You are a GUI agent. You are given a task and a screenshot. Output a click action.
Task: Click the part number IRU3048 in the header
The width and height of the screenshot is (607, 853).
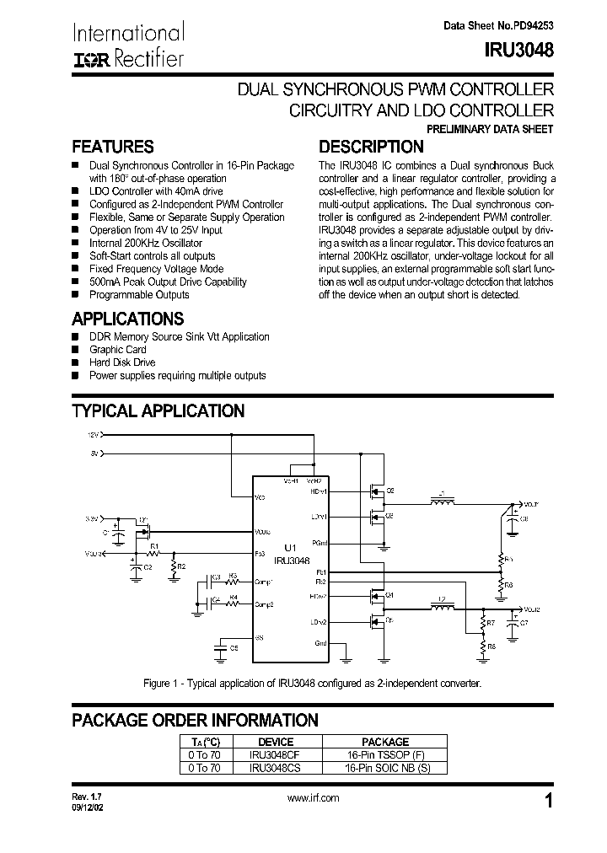point(519,51)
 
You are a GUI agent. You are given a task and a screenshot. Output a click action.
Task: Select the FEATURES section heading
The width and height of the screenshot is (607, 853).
point(113,147)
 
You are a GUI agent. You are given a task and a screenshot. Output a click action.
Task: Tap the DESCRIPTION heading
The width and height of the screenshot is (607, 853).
point(371,147)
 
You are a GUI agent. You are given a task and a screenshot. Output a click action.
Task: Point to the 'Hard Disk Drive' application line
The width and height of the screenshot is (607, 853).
point(122,362)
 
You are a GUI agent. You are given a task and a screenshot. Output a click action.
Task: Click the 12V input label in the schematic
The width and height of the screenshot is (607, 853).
point(94,435)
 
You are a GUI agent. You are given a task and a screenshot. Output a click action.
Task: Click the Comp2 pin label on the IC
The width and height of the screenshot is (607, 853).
point(265,604)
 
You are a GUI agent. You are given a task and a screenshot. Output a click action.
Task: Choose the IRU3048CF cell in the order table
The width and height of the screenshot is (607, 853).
point(275,755)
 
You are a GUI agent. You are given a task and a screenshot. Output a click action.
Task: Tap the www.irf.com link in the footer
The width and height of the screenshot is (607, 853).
point(313,798)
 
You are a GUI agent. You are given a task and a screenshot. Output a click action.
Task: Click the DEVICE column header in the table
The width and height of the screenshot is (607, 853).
point(275,742)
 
